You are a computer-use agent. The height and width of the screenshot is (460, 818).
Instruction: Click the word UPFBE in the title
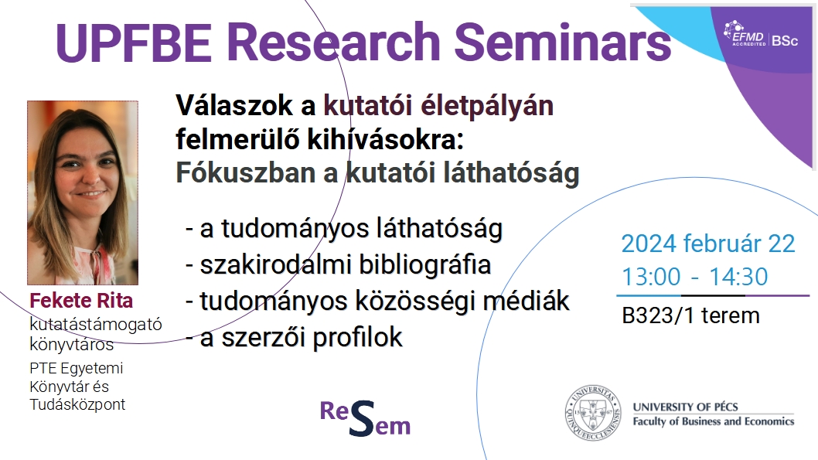133,43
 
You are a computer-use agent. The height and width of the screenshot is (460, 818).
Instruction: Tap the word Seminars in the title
563,43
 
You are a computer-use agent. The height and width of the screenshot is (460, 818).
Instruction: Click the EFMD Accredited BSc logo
761,35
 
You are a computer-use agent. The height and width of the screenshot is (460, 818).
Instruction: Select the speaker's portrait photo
83,193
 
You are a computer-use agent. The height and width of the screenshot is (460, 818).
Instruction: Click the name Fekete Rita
81,301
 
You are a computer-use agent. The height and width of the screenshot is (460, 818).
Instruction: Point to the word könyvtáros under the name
71,344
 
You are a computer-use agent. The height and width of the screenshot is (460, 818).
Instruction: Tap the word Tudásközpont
77,404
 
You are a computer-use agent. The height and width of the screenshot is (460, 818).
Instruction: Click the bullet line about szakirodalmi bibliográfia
339,264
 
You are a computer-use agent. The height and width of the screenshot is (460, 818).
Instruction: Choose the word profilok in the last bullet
358,338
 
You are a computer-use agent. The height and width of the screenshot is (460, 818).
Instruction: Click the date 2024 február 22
708,244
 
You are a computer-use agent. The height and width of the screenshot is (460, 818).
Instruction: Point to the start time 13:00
651,277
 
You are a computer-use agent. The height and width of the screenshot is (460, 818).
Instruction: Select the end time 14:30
738,277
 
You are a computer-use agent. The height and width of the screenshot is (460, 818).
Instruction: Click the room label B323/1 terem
690,315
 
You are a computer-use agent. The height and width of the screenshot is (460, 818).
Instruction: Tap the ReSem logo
365,417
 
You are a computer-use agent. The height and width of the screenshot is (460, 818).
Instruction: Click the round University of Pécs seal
593,413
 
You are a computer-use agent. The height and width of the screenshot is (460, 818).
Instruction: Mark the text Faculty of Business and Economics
714,421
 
